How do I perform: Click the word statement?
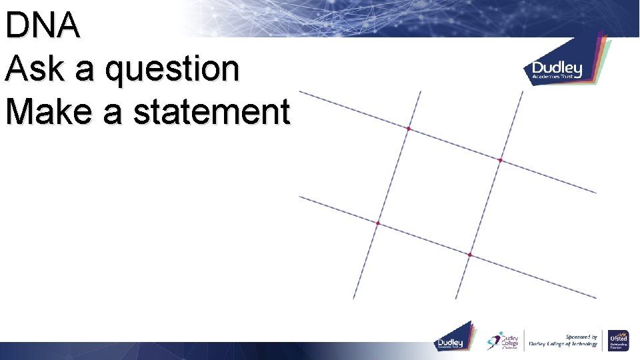pyautogui.click(x=211, y=111)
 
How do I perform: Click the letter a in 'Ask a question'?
pyautogui.click(x=86, y=71)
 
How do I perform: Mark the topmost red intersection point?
pyautogui.click(x=409, y=128)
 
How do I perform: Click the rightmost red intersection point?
pyautogui.click(x=500, y=160)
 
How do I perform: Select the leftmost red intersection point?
pyautogui.click(x=378, y=223)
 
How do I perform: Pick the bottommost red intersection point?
pyautogui.click(x=469, y=255)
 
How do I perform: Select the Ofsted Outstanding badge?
pyautogui.click(x=618, y=341)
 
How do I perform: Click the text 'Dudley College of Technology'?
pyautogui.click(x=563, y=344)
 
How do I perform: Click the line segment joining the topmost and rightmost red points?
pyautogui.click(x=454, y=144)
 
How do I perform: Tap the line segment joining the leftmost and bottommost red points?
pyautogui.click(x=423, y=239)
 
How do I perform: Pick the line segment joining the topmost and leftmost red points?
pyautogui.click(x=393, y=175)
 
